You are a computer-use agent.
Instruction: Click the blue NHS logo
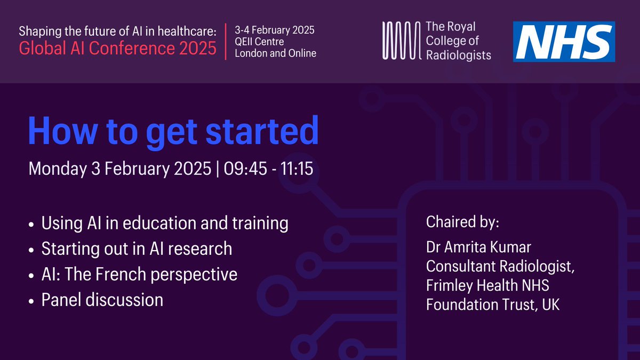(x=564, y=41)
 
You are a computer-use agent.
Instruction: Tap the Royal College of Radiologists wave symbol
(x=401, y=41)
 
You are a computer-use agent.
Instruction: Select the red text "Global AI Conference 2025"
(x=118, y=49)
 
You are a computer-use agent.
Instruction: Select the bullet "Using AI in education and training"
(x=164, y=223)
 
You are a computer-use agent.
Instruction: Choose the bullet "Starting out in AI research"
(x=137, y=249)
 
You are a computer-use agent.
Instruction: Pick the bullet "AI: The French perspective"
(x=139, y=274)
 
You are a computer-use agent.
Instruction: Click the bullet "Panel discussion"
(x=102, y=300)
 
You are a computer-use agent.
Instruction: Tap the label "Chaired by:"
(x=462, y=222)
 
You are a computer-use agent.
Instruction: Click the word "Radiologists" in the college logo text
(x=458, y=54)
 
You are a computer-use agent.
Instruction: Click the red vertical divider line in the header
(x=226, y=41)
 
